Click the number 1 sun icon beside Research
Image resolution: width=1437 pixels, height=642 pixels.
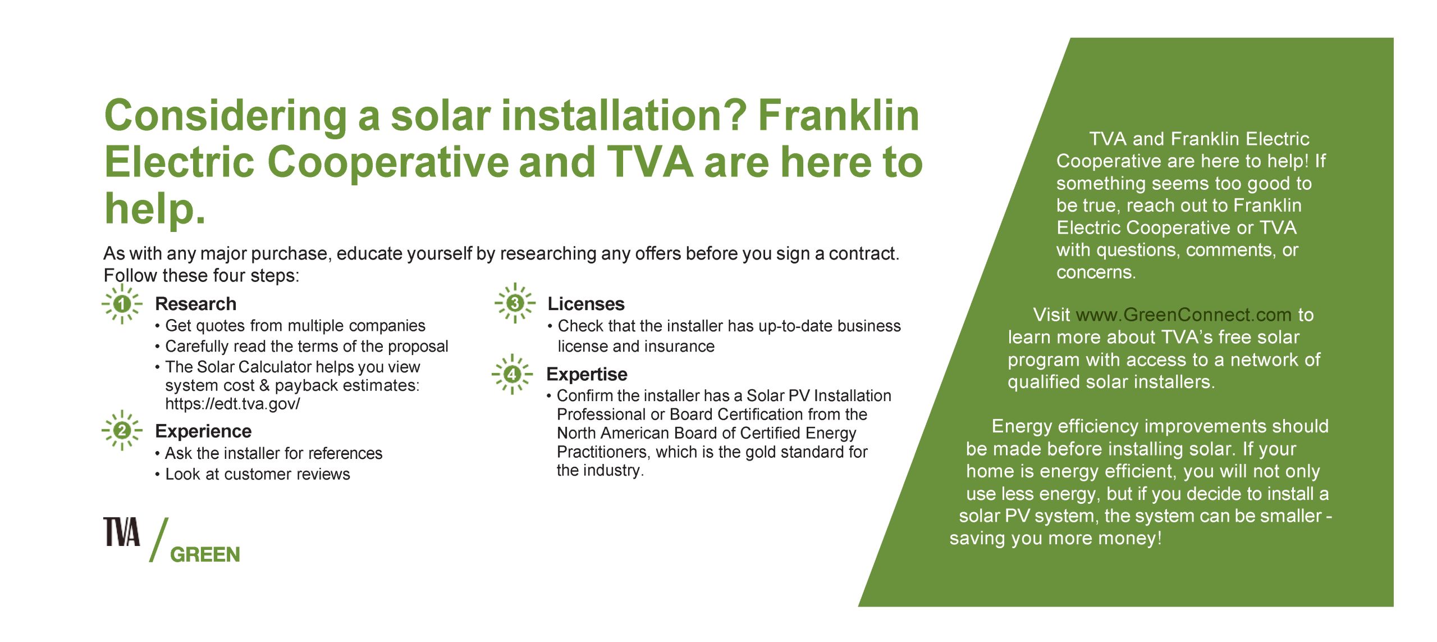(x=122, y=304)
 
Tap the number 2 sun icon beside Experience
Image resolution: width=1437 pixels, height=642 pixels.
(x=122, y=431)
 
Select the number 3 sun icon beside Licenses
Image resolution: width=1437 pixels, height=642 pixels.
(x=515, y=303)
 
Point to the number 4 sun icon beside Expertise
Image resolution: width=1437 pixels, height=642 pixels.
(x=512, y=374)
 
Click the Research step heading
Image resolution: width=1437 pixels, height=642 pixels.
(x=195, y=304)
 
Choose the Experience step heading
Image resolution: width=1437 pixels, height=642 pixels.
(x=203, y=431)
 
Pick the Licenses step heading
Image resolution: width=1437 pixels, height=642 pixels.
(x=585, y=304)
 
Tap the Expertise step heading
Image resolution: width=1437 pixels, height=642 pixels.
(x=587, y=374)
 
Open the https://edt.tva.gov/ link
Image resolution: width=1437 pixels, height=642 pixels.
(x=232, y=404)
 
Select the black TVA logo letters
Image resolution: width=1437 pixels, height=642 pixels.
(x=121, y=532)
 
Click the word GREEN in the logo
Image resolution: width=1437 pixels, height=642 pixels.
(x=205, y=555)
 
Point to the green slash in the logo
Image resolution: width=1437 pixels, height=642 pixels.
(x=159, y=540)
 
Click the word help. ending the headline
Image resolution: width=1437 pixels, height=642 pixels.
(x=155, y=208)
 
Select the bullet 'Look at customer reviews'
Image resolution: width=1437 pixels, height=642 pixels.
(x=257, y=474)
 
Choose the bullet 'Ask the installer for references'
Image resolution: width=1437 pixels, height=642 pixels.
(x=273, y=453)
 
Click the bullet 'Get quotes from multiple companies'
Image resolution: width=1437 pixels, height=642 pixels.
(x=295, y=326)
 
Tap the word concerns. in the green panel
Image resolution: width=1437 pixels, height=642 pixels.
(x=1096, y=272)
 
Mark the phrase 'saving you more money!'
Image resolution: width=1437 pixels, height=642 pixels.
(x=1055, y=538)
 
